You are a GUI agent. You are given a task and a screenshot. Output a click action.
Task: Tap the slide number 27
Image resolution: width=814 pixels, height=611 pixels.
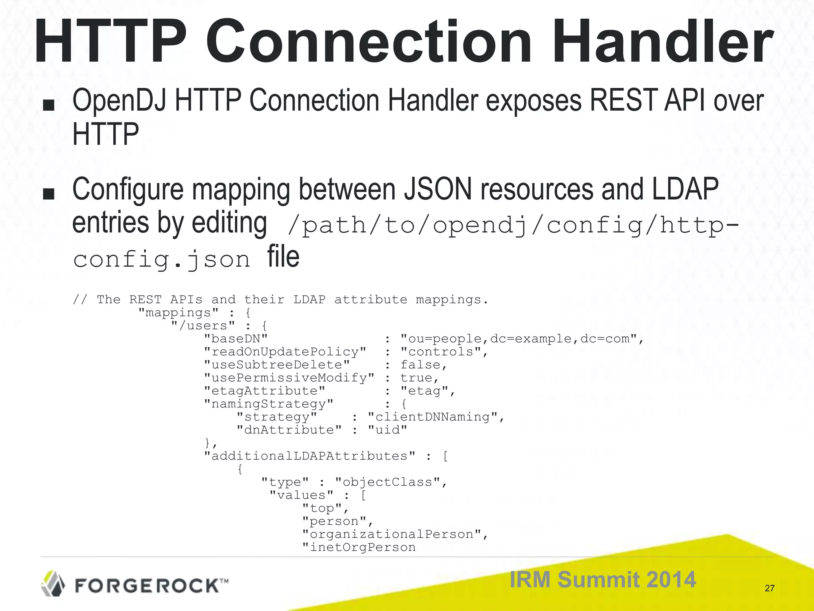tap(769, 588)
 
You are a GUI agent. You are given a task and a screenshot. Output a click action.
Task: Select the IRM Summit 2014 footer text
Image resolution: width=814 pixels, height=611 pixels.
tap(603, 579)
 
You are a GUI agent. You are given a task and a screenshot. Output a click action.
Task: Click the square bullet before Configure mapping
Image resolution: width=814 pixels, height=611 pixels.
tap(48, 194)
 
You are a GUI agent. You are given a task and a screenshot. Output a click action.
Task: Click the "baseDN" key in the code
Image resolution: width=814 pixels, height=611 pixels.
tap(236, 339)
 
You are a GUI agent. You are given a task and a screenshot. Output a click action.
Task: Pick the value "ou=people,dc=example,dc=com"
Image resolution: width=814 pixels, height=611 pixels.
tap(518, 339)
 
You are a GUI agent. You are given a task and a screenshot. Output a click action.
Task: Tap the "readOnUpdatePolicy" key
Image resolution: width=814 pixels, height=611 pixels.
tap(285, 352)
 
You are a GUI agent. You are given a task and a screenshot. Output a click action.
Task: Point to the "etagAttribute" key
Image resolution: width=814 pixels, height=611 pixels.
tap(264, 391)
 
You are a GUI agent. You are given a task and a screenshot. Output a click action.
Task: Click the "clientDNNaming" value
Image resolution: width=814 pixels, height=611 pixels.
tap(432, 417)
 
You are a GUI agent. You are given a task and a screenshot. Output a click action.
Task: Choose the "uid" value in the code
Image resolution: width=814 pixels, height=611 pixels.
tap(388, 430)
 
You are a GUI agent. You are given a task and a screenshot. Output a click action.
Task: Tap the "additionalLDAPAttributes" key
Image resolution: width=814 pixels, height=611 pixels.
tap(310, 456)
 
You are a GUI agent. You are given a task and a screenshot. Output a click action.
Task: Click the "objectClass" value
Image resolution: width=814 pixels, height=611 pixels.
tap(388, 483)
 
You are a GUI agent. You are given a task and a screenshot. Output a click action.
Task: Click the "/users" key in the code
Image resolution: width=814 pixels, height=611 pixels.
tap(203, 326)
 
